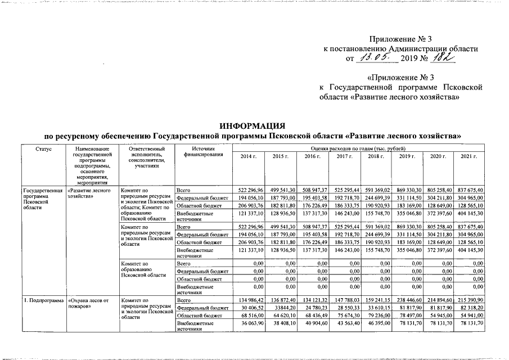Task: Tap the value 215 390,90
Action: pyautogui.click(x=471, y=301)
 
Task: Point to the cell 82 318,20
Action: pyautogui.click(x=472, y=309)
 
